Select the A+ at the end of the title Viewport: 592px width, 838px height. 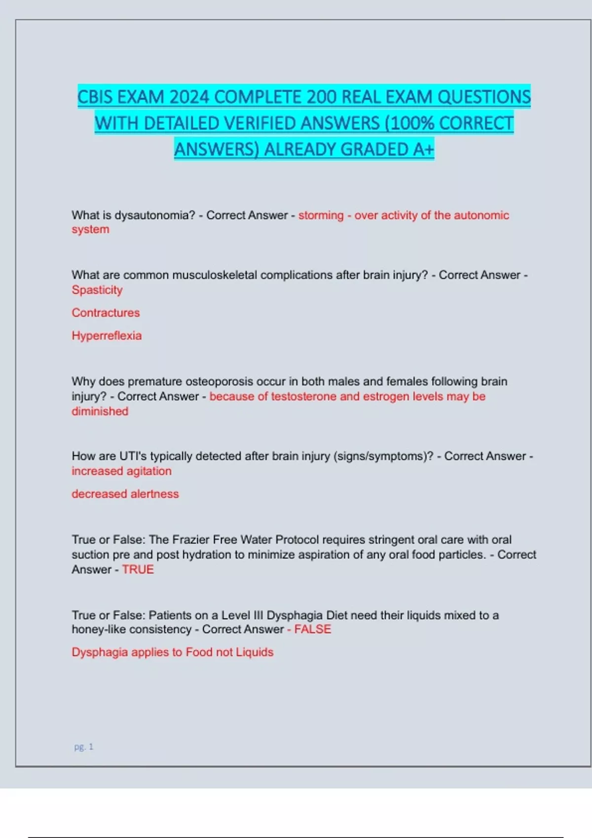pos(423,149)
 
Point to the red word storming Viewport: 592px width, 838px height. pos(321,215)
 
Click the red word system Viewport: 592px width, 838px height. pos(90,230)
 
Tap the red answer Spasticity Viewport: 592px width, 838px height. pos(97,290)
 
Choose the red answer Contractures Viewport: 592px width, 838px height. pos(106,313)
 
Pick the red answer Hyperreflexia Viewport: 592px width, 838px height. pos(107,336)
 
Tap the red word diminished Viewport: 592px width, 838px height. pos(100,411)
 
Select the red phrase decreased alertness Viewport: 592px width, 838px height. pos(125,494)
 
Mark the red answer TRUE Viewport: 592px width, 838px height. pos(138,569)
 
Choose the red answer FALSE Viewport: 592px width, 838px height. pos(313,629)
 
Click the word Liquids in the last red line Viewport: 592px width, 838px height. pos(255,652)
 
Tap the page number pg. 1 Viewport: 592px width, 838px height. pos(83,747)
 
